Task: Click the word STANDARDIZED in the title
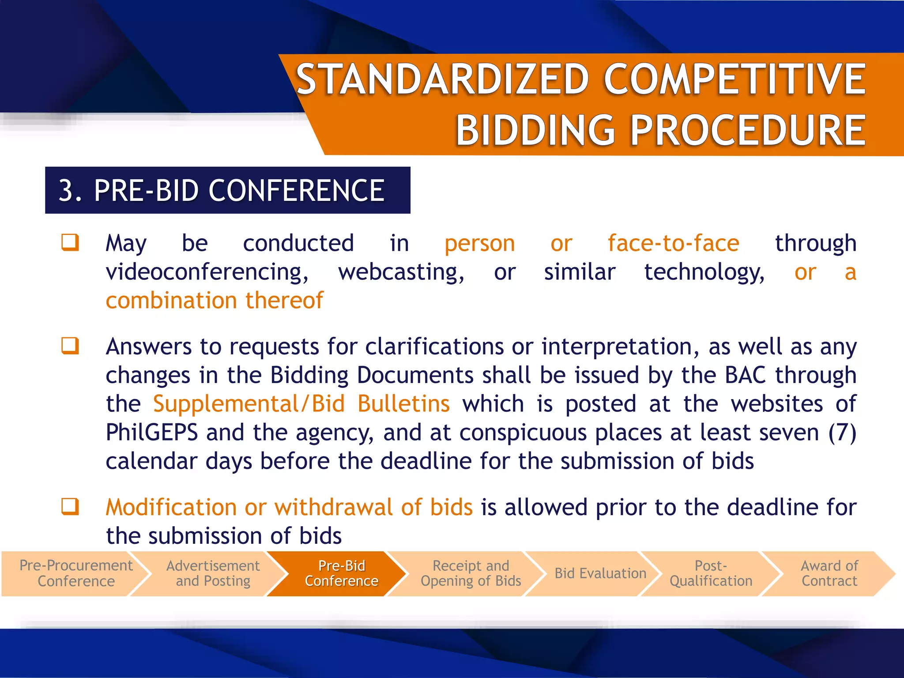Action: pyautogui.click(x=442, y=79)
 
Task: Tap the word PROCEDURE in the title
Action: pyautogui.click(x=748, y=130)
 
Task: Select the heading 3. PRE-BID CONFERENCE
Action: pyautogui.click(x=222, y=191)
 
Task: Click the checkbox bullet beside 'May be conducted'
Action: pyautogui.click(x=70, y=242)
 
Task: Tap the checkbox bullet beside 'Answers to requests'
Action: pyautogui.click(x=70, y=346)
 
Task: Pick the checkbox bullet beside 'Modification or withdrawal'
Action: pyautogui.click(x=70, y=506)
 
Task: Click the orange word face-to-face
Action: pyautogui.click(x=673, y=243)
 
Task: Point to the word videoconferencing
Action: pyautogui.click(x=207, y=272)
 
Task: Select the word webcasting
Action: pyautogui.click(x=401, y=272)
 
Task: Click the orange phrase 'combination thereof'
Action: pyautogui.click(x=215, y=301)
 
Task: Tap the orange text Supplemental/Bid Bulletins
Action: pyautogui.click(x=301, y=404)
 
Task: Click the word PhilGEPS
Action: pyautogui.click(x=152, y=433)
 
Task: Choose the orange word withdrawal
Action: pyautogui.click(x=333, y=507)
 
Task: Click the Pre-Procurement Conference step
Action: pyautogui.click(x=76, y=573)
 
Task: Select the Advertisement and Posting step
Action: pyautogui.click(x=213, y=573)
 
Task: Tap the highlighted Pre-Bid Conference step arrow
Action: pyautogui.click(x=342, y=573)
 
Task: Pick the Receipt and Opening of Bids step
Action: pyautogui.click(x=471, y=573)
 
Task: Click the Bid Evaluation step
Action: pyautogui.click(x=600, y=573)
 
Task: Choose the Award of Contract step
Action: pyautogui.click(x=829, y=573)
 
